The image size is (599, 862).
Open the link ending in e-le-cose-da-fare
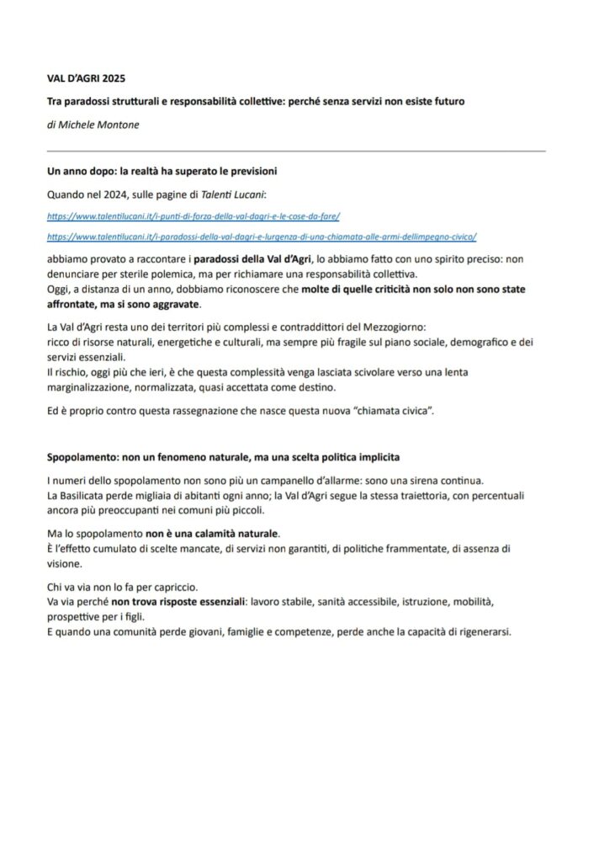point(193,215)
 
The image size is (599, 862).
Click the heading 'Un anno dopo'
point(162,171)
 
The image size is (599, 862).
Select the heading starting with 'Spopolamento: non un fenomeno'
point(223,457)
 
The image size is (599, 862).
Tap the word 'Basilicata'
point(88,495)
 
